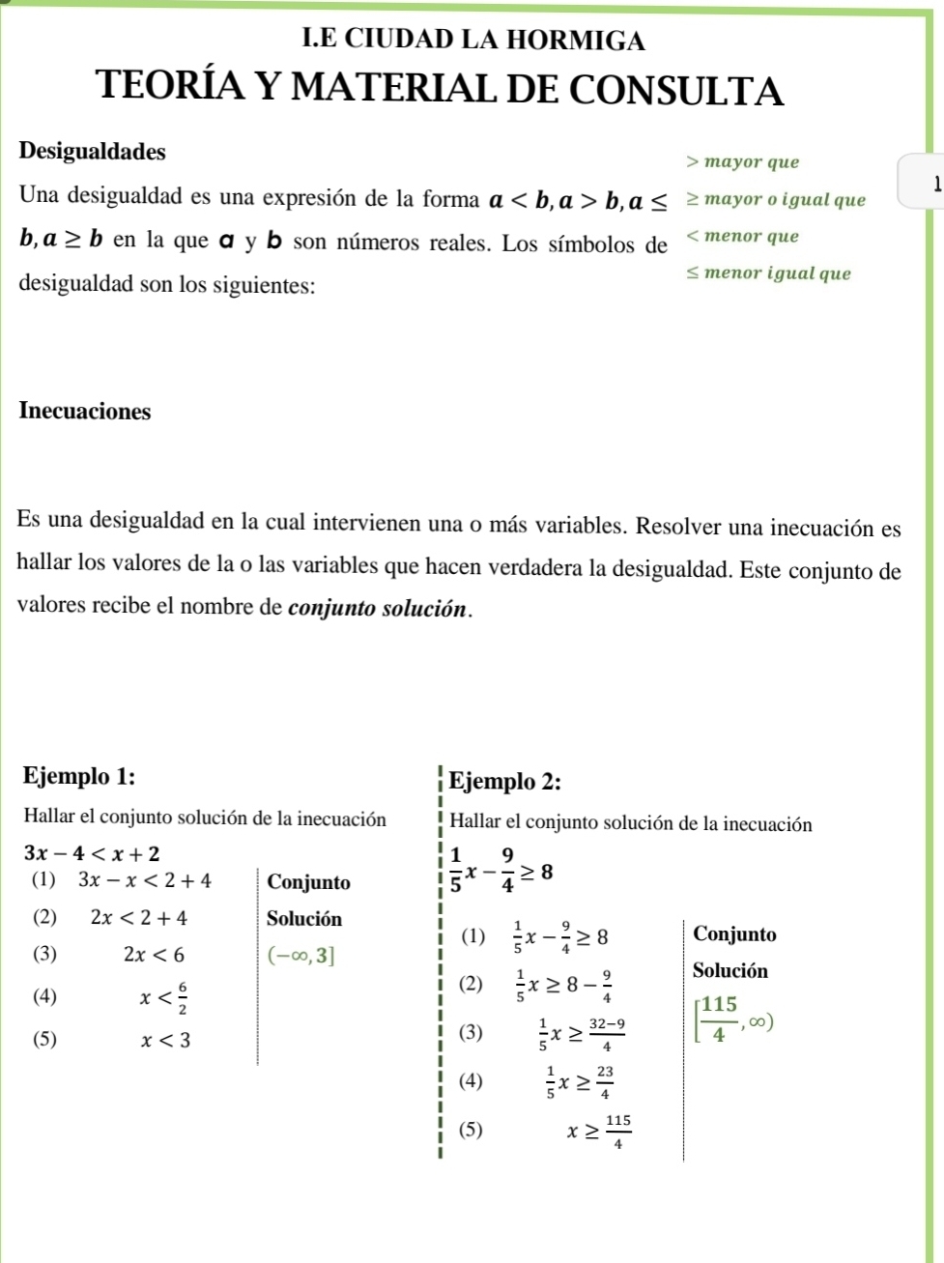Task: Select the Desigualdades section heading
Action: (x=92, y=152)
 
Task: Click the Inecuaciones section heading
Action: (x=85, y=412)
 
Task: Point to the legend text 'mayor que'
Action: (x=752, y=162)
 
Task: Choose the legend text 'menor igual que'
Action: (x=777, y=273)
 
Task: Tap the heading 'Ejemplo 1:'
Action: (x=79, y=777)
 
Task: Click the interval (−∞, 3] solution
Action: (x=302, y=956)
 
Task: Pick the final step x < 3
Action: (x=166, y=1040)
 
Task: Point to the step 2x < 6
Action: (x=155, y=955)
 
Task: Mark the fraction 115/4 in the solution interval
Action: (x=718, y=1019)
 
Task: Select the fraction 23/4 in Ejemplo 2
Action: (x=604, y=1082)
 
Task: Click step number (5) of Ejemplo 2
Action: (x=471, y=1130)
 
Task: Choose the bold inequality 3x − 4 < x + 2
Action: (x=92, y=853)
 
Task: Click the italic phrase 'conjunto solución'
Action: (x=378, y=610)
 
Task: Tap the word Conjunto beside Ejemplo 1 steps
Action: (x=308, y=882)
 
